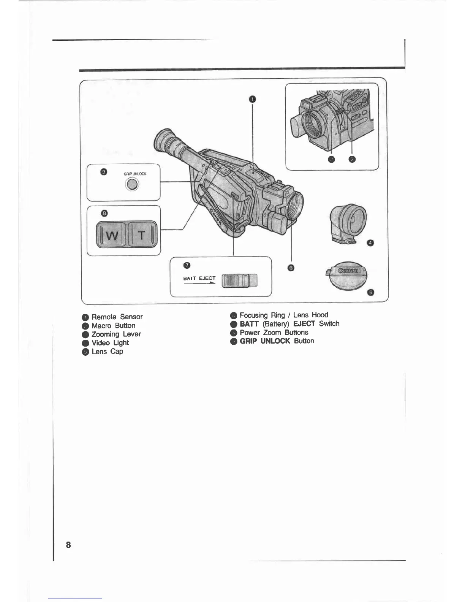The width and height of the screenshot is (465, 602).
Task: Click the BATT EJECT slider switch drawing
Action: tap(239, 281)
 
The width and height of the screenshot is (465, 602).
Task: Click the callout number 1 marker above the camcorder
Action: tap(252, 100)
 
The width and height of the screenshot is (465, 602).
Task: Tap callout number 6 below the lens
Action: tap(291, 268)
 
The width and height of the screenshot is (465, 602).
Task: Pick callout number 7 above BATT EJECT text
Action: tap(187, 265)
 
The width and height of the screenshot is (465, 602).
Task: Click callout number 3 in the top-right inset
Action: tap(352, 159)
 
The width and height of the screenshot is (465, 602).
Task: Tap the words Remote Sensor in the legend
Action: tap(117, 317)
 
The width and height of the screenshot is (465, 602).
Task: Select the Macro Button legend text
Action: tap(113, 326)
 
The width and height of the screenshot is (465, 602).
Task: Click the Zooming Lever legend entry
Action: tap(116, 334)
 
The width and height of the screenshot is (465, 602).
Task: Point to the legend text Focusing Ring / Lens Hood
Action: tap(284, 315)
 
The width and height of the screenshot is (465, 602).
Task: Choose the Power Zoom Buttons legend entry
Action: tap(274, 333)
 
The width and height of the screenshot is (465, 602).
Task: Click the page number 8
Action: tap(68, 545)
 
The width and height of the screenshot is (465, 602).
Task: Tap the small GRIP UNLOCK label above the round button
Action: tap(135, 174)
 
